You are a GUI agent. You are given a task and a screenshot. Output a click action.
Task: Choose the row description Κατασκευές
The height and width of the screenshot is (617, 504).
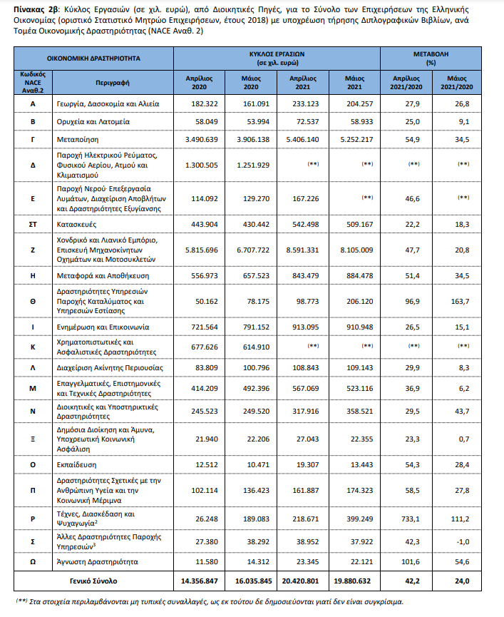tap(78, 225)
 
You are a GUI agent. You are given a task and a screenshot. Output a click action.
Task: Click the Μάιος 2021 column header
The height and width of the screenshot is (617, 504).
tap(354, 81)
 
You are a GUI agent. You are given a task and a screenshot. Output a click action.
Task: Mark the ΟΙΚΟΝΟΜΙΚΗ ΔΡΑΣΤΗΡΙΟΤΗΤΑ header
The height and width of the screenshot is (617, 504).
tap(93, 58)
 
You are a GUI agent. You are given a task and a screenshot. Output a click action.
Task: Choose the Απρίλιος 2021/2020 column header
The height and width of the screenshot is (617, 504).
tap(403, 81)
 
